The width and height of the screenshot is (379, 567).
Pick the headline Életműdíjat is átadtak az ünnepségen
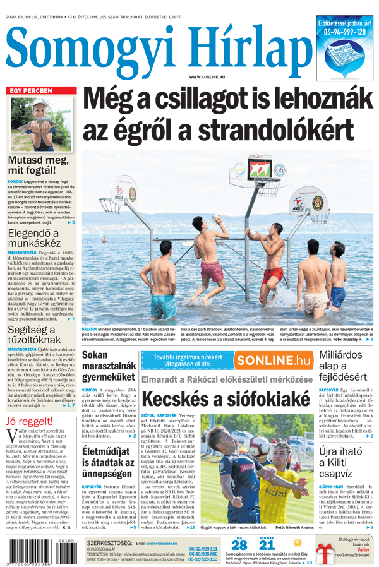pyautogui.click(x=109, y=463)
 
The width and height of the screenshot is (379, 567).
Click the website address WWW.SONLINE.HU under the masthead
pyautogui.click(x=208, y=77)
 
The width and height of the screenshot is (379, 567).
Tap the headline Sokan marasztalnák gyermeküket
pyautogui.click(x=108, y=367)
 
